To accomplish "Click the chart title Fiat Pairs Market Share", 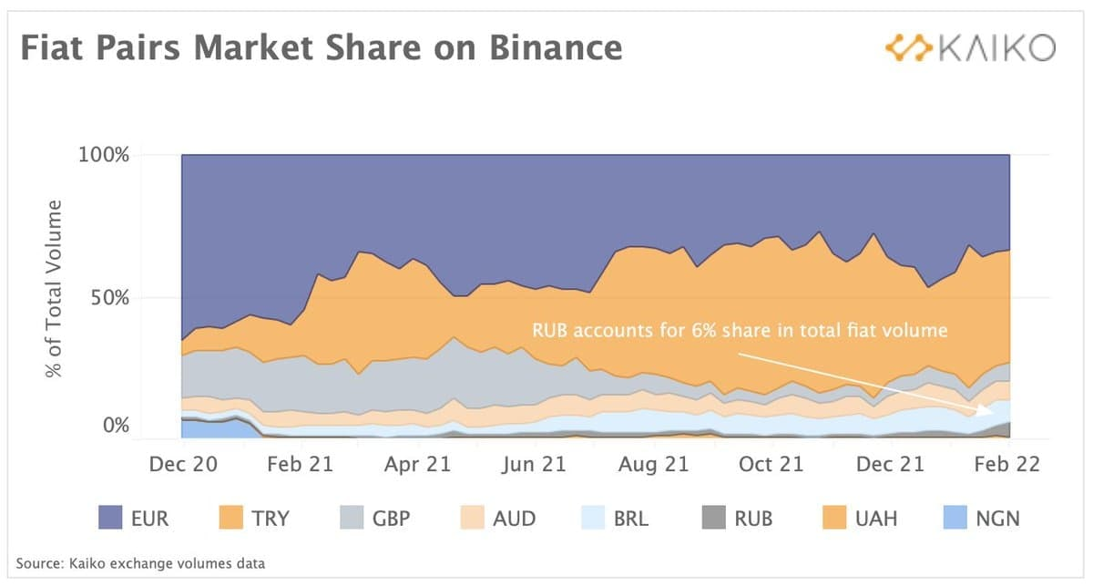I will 322,47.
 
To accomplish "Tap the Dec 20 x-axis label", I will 183,465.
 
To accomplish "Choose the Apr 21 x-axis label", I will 416,465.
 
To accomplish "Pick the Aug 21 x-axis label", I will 653,465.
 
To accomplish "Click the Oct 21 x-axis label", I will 770,465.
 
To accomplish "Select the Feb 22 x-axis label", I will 1005,465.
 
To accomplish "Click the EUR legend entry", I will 133,519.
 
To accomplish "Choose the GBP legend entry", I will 373,519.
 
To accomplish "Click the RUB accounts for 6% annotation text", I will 740,330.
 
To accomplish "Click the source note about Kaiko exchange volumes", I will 141,563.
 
